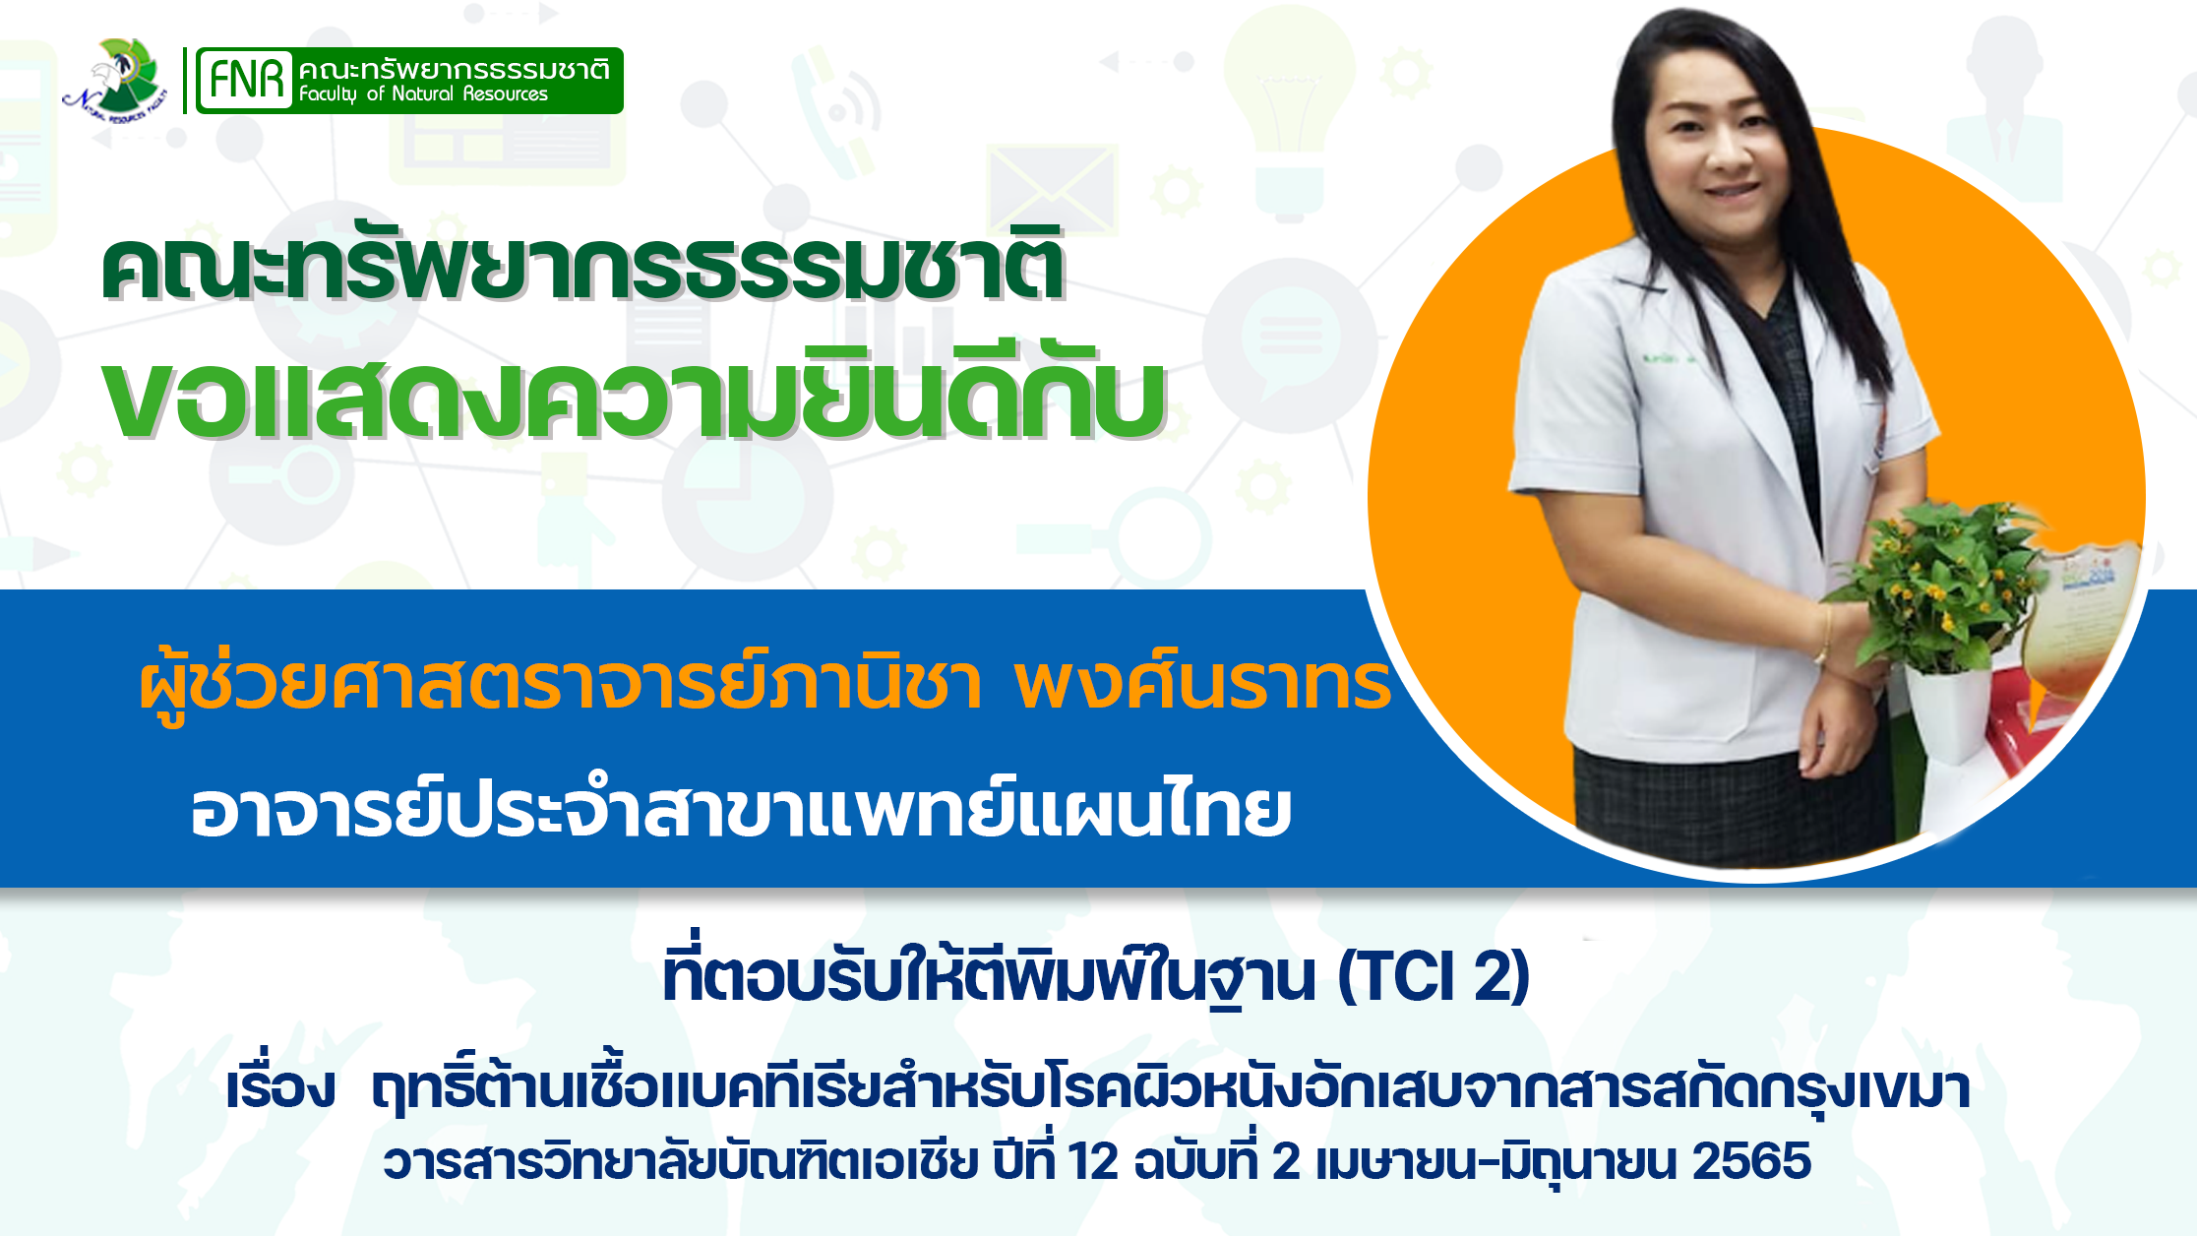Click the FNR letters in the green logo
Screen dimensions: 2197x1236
[246, 80]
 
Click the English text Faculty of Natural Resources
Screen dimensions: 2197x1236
[423, 94]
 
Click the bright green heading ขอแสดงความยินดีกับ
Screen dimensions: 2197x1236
[635, 394]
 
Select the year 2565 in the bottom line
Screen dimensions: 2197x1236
[1752, 1161]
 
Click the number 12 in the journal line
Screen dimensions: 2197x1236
[1093, 1161]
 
